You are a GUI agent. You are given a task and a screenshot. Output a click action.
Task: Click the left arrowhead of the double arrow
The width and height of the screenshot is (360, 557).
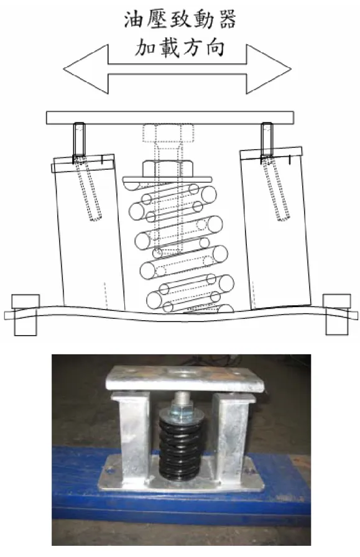pos(86,69)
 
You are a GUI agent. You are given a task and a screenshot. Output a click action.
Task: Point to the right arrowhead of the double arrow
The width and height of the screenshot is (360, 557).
pos(269,69)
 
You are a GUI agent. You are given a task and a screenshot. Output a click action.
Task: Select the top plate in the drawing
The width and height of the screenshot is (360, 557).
pos(170,117)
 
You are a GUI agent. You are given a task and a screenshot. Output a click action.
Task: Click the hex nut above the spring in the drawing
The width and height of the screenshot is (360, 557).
pos(168,168)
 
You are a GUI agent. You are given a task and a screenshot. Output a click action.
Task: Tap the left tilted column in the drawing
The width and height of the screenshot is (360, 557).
pos(88,232)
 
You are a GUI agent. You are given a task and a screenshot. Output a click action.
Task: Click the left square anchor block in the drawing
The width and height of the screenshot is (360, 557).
pos(25,315)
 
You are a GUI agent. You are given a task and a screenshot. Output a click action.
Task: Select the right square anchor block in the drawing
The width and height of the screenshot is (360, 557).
pos(336,314)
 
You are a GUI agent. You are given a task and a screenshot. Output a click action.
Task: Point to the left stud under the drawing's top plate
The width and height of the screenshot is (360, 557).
pos(79,141)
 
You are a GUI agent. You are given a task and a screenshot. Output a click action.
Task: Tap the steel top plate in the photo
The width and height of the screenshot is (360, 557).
pos(185,379)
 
